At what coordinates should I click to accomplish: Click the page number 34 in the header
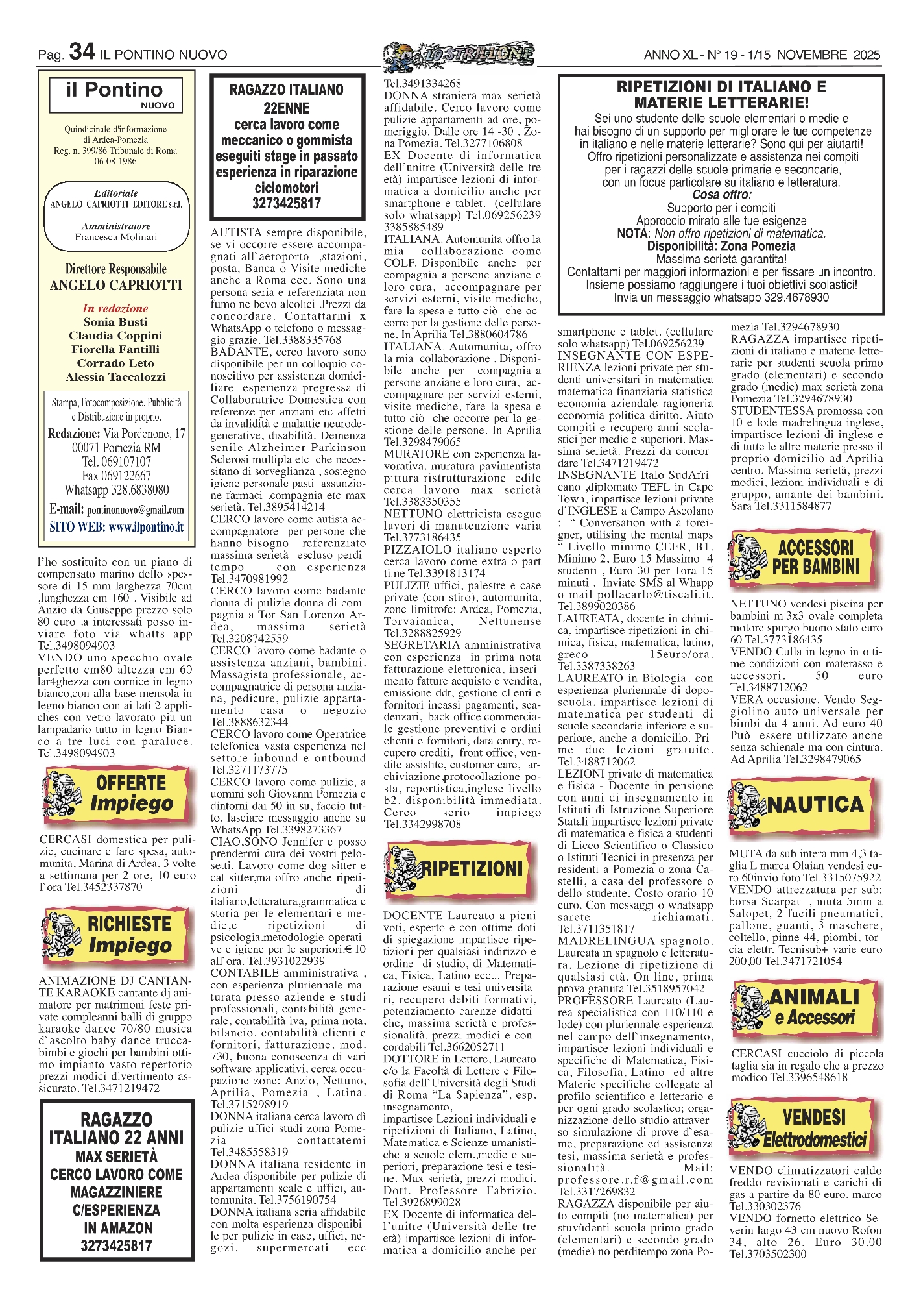pos(82,52)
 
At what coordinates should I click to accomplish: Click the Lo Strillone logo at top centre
pos(458,55)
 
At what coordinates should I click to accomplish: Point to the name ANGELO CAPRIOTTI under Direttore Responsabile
pos(116,285)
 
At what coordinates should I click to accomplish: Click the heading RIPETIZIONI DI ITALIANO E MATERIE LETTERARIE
pos(721,94)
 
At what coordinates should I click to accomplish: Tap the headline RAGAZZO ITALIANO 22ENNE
pos(286,99)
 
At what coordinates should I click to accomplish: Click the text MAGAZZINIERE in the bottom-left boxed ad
pos(117,1192)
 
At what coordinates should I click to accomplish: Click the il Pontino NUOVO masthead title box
pos(115,94)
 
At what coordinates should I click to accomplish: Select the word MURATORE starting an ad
pos(407,454)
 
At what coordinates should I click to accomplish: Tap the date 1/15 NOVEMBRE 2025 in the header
pos(813,55)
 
